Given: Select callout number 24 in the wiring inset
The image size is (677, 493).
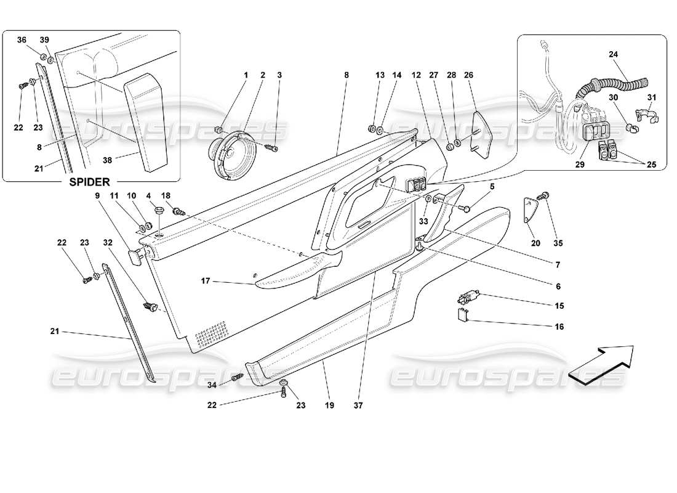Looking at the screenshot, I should click(613, 54).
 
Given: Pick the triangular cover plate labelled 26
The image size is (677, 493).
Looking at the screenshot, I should click(478, 131).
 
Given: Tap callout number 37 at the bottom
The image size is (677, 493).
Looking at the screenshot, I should click(358, 407).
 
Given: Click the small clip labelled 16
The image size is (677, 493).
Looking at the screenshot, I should click(462, 317).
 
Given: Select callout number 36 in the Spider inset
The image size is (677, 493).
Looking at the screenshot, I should click(22, 39).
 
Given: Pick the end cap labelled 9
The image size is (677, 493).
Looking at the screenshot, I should click(135, 256).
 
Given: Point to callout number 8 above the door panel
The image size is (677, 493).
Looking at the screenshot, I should click(347, 75).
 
